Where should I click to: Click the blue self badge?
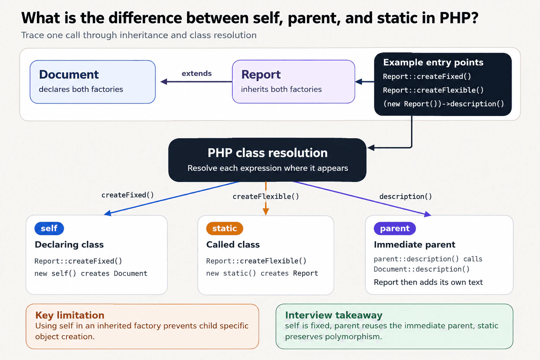coord(49,229)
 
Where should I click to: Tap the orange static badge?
coord(224,229)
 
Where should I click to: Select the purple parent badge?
coord(395,229)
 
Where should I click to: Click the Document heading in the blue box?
coord(69,75)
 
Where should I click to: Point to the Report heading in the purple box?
coord(261,75)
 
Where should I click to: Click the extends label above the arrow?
coord(197,73)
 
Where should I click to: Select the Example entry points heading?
coord(433,63)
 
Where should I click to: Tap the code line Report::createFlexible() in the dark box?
coord(433,90)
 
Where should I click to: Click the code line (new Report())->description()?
coord(444,104)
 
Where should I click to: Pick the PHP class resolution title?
coord(268,153)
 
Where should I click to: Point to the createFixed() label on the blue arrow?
coord(128,195)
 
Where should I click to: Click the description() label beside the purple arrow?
coord(405,197)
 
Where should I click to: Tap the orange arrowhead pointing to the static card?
coord(266,212)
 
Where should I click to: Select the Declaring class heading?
coord(69,244)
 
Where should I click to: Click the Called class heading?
coord(233,244)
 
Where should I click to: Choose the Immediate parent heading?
coord(414,245)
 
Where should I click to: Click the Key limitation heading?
coord(70,315)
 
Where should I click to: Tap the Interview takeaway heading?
coord(334,315)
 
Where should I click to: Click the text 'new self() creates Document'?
coord(91,274)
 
